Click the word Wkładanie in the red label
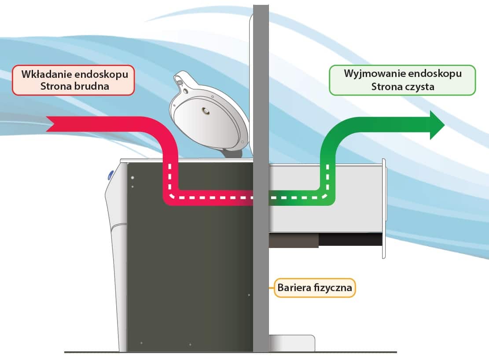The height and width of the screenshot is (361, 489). (x=42, y=74)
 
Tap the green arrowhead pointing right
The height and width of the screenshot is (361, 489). (x=437, y=125)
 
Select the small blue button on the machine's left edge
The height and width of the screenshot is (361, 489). (x=109, y=176)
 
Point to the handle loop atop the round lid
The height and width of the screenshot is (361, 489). (x=180, y=81)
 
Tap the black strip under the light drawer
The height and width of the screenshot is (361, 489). (x=350, y=240)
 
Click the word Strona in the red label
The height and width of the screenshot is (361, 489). (x=56, y=86)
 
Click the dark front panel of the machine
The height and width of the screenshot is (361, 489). (x=189, y=273)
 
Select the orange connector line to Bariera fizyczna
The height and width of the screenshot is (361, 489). (x=271, y=288)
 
